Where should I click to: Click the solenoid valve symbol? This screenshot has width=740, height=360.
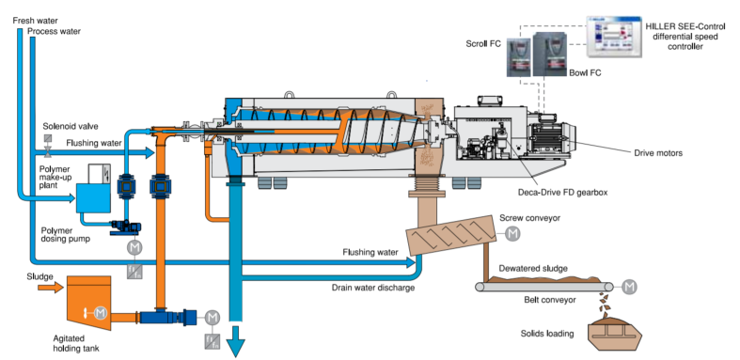click(48, 146)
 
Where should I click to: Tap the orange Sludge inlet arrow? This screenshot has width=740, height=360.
click(51, 287)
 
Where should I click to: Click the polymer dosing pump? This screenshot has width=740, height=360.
click(126, 227)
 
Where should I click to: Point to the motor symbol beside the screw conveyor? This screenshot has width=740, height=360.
click(512, 233)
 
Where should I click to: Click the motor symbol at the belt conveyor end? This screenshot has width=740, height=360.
click(629, 287)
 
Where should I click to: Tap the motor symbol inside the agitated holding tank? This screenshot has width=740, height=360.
click(100, 312)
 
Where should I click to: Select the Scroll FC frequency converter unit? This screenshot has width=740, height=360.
click(518, 57)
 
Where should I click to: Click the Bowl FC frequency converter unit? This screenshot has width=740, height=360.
click(550, 55)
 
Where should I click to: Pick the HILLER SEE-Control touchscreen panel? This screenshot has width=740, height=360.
click(614, 37)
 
